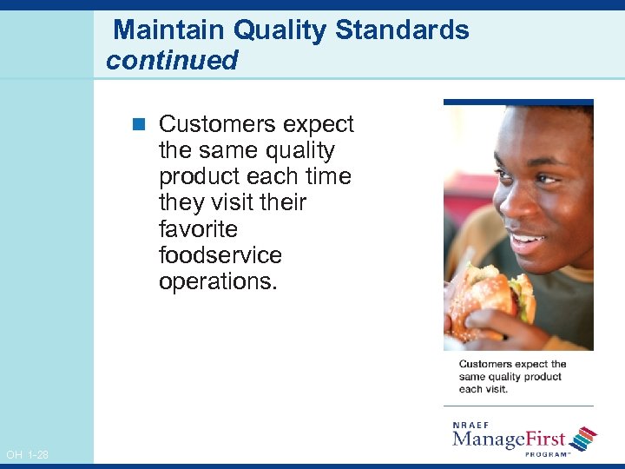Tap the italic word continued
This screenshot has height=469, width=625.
(172, 61)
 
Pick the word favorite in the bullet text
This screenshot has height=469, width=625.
(198, 229)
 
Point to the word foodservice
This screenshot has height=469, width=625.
(220, 255)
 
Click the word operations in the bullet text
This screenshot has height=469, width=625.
(218, 281)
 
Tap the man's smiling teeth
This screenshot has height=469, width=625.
(526, 237)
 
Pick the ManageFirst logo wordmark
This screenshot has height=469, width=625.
(509, 439)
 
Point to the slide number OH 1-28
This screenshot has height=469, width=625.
(26, 455)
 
